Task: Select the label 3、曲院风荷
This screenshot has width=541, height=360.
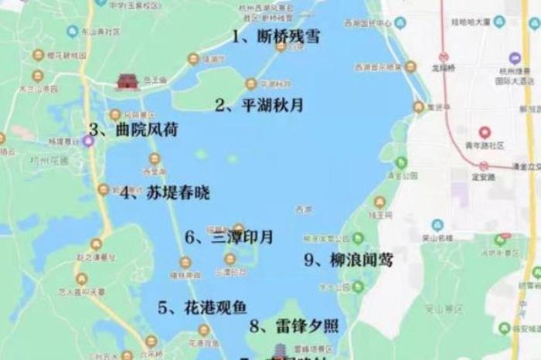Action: [134, 130]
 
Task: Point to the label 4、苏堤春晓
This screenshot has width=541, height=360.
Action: [165, 193]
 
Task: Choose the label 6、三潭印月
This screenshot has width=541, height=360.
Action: [229, 237]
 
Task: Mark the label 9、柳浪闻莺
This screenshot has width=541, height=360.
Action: [349, 260]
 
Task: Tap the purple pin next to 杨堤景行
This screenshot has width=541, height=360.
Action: [89, 141]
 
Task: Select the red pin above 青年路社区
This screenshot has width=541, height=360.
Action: [486, 132]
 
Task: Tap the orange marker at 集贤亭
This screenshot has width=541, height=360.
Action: [418, 107]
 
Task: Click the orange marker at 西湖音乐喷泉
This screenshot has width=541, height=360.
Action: [410, 67]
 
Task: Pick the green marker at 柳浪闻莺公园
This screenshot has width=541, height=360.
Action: [400, 162]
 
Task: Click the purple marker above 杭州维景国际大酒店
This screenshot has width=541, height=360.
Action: [515, 57]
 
